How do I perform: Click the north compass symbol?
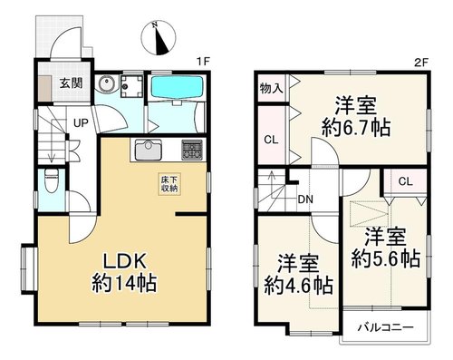coord(159,38)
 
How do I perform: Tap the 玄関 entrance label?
coord(71,83)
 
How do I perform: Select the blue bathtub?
coord(177,87)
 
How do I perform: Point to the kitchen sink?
coord(149,150)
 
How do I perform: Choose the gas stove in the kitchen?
coord(192,150)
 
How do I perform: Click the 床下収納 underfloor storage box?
coord(169,184)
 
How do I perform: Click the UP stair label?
coord(81,123)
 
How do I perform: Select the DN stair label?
coord(305,199)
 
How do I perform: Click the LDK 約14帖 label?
coord(124,272)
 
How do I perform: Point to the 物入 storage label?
coord(272,88)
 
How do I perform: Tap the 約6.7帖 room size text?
coord(356,128)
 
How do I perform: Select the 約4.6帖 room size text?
coord(299,286)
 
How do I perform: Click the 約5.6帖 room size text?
coord(386,258)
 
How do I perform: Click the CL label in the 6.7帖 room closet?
coord(271,140)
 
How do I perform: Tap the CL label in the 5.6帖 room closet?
coord(405,181)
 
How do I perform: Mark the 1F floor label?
coord(203,62)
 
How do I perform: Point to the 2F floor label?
coord(421,63)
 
